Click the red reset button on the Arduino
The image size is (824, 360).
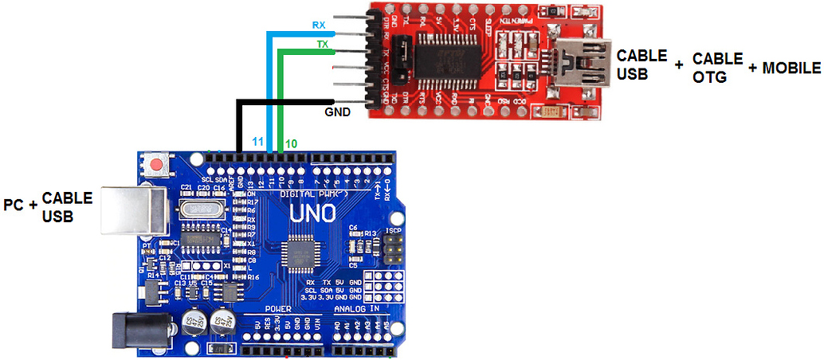[158, 166]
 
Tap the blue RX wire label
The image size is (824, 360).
[319, 25]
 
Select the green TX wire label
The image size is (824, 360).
[323, 45]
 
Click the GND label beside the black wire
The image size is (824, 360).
[338, 112]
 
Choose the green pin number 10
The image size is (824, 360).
[292, 143]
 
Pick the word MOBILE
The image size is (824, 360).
[791, 68]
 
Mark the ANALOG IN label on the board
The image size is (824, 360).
[356, 308]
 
